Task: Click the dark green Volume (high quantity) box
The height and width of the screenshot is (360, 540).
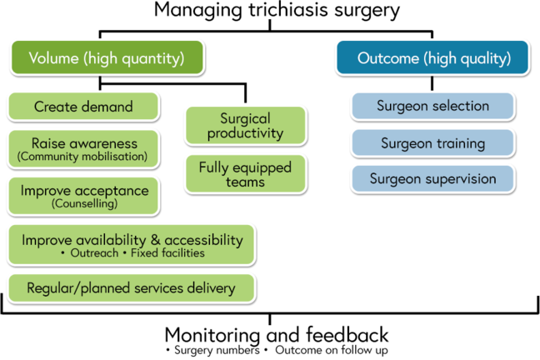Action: pos(106,57)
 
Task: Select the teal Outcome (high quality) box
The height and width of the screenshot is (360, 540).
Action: pos(432,58)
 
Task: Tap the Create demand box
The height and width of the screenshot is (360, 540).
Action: pos(83,107)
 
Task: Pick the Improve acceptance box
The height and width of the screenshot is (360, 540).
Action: pos(83,195)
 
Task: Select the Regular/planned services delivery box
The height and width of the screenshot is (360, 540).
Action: pos(131,288)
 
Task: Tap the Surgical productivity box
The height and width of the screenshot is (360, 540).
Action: pos(244,126)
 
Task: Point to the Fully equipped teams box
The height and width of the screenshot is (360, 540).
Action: pos(244,173)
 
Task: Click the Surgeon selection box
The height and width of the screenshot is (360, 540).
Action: pos(432,107)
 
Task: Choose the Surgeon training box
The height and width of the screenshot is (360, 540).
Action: pos(432,143)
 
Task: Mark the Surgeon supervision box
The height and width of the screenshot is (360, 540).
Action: pos(432,179)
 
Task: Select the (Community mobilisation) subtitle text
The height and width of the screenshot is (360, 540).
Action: pos(82,156)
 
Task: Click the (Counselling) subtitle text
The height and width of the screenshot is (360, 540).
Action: pos(82,204)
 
